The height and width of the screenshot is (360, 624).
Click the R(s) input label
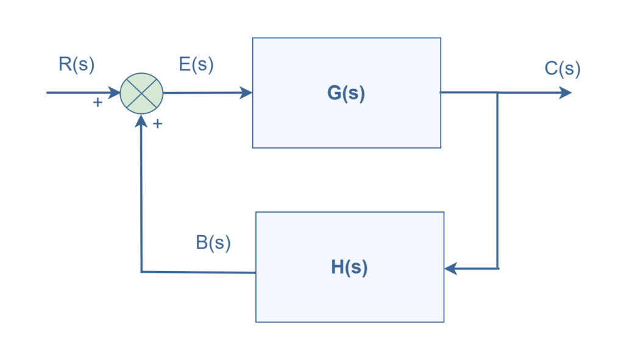(76, 65)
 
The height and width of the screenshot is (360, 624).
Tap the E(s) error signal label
(196, 65)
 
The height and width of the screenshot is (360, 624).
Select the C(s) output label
(562, 68)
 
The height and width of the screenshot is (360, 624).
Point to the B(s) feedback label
(213, 242)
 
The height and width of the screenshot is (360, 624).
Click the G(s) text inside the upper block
(346, 93)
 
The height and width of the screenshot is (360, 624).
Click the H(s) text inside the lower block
(349, 267)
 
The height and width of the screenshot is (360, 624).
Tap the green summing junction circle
(141, 93)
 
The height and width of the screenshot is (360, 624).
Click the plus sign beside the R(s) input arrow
(97, 103)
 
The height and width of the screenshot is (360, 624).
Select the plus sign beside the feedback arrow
(157, 124)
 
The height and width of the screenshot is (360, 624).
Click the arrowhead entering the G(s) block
(246, 93)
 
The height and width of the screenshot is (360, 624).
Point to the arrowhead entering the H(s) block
(451, 268)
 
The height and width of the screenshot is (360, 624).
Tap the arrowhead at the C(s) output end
(565, 93)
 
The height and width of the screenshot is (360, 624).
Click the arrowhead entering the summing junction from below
(141, 121)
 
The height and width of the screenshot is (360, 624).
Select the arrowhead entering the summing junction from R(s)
(114, 93)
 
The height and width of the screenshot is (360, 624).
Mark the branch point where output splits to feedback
(498, 93)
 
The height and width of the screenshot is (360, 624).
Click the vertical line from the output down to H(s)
(498, 183)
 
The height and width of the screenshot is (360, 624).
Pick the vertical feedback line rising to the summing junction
(141, 195)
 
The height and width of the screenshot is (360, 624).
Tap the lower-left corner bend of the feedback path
(142, 272)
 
